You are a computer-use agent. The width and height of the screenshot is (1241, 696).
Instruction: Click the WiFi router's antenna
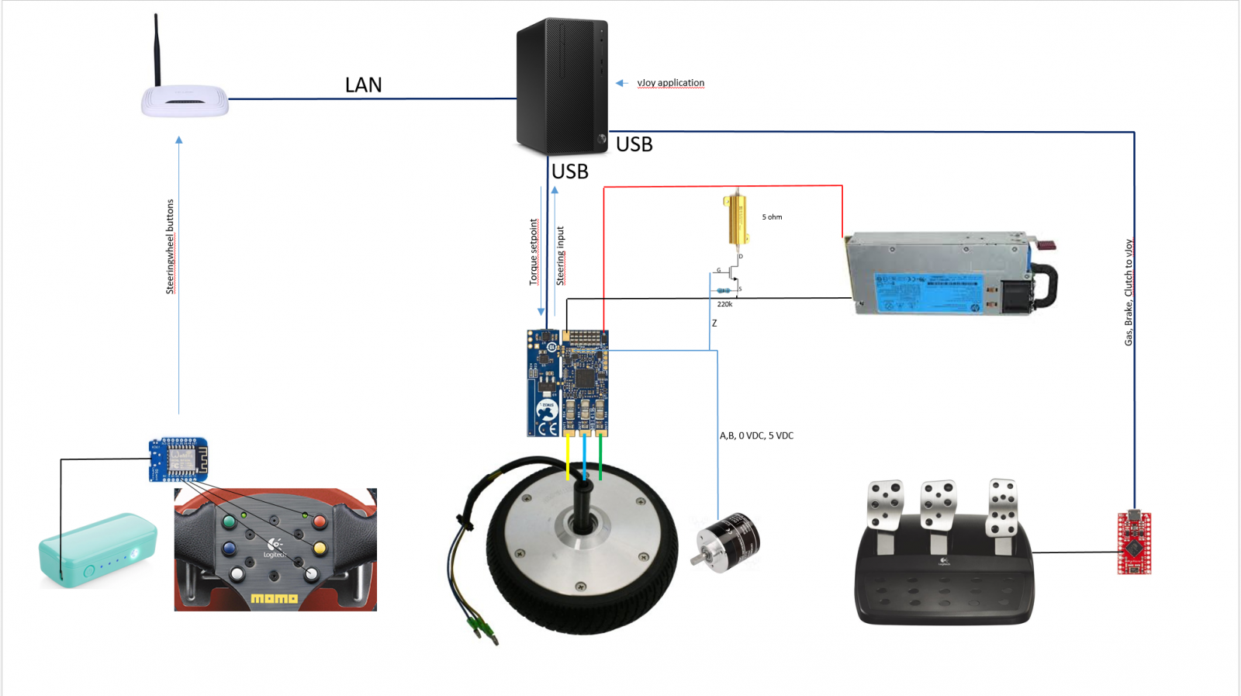pos(157,50)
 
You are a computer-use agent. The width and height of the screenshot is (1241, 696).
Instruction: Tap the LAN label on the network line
pos(363,85)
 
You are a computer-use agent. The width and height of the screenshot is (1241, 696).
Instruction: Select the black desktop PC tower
pos(562,85)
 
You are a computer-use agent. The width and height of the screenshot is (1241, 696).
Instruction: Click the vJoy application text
pos(670,83)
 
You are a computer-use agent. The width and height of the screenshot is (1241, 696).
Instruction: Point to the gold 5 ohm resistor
pos(735,220)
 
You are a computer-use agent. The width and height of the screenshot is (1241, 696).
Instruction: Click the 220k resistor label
pos(724,304)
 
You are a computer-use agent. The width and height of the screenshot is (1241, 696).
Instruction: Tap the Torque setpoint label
pos(534,252)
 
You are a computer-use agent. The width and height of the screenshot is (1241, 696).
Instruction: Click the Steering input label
pos(561,256)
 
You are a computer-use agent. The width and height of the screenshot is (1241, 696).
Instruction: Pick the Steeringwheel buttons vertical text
pos(171,247)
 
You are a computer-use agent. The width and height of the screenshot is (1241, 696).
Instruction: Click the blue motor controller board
pos(568,383)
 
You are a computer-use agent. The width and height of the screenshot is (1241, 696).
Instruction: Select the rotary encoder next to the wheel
pos(726,542)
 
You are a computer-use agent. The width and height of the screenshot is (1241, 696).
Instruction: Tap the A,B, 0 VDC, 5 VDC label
pos(756,436)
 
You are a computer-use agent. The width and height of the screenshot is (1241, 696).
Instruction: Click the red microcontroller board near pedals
pos(1134,542)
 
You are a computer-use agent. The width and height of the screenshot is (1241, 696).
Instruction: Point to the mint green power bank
pos(98,549)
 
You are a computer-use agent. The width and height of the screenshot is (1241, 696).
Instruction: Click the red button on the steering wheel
pos(320,521)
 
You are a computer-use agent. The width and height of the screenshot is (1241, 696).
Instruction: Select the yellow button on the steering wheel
pos(320,549)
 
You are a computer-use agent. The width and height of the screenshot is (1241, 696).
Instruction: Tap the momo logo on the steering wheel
pos(274,598)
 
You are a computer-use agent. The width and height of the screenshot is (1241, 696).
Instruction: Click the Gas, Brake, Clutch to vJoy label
pos(1129,293)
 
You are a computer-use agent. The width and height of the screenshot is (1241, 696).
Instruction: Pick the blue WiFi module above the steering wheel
pos(178,459)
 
